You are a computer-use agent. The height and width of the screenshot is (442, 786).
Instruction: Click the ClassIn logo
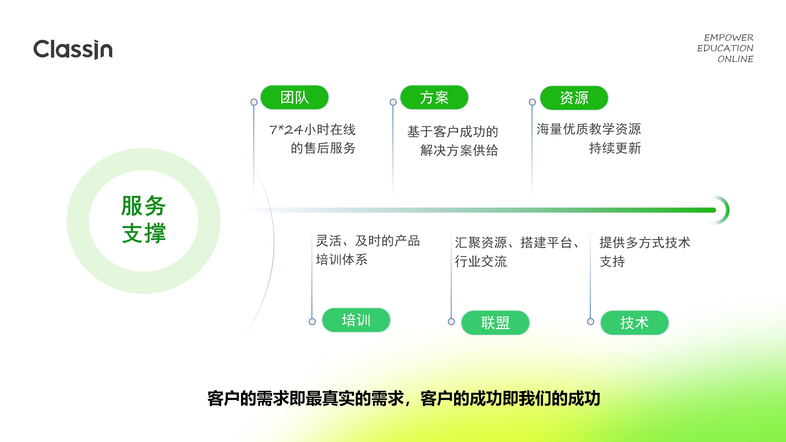point(73,49)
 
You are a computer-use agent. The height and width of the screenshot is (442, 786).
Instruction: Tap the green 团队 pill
point(294,98)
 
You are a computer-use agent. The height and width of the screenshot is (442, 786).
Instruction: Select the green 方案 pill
point(434,98)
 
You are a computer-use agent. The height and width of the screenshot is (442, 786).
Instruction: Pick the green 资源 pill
point(574,98)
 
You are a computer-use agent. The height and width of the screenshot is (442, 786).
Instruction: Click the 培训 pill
point(356,320)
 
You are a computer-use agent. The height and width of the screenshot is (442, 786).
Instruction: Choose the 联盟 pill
point(495,323)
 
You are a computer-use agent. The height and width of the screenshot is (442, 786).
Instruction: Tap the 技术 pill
point(634,323)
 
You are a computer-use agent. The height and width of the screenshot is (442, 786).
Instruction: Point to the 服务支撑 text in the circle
point(143,220)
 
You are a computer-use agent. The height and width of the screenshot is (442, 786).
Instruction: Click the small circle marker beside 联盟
point(451,322)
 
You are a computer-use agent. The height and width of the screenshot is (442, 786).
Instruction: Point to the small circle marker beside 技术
point(590,322)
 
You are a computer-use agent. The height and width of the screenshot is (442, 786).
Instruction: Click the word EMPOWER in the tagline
point(729,38)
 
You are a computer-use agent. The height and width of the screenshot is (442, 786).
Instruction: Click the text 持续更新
point(615,148)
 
